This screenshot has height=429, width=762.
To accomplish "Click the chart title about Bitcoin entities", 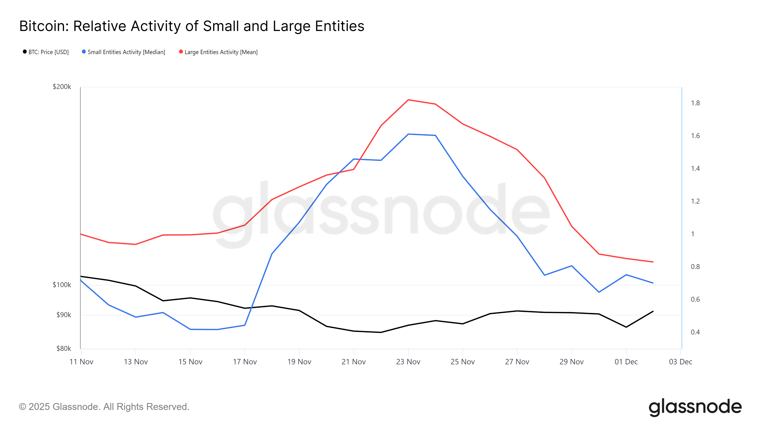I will [192, 26].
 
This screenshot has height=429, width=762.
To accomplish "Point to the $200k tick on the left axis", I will [62, 87].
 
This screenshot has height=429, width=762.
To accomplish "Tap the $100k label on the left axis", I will [62, 285].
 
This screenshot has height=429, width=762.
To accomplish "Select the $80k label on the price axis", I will [64, 348].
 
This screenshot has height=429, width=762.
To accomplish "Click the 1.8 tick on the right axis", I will [695, 103].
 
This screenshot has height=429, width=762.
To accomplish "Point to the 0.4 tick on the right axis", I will [695, 332].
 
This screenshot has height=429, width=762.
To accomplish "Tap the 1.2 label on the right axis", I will [695, 201].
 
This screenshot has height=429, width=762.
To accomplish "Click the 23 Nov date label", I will [408, 362].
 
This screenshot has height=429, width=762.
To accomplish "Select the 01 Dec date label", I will [626, 362].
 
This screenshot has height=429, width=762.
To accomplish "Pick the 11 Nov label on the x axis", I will [81, 362].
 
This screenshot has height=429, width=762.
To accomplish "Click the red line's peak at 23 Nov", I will [408, 100].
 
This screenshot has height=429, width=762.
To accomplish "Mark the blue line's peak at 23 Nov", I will [408, 134].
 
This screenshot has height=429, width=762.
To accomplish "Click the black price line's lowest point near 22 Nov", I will [381, 332].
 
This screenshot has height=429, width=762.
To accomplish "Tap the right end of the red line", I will [653, 262].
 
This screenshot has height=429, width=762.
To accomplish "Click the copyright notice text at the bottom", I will [104, 407].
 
